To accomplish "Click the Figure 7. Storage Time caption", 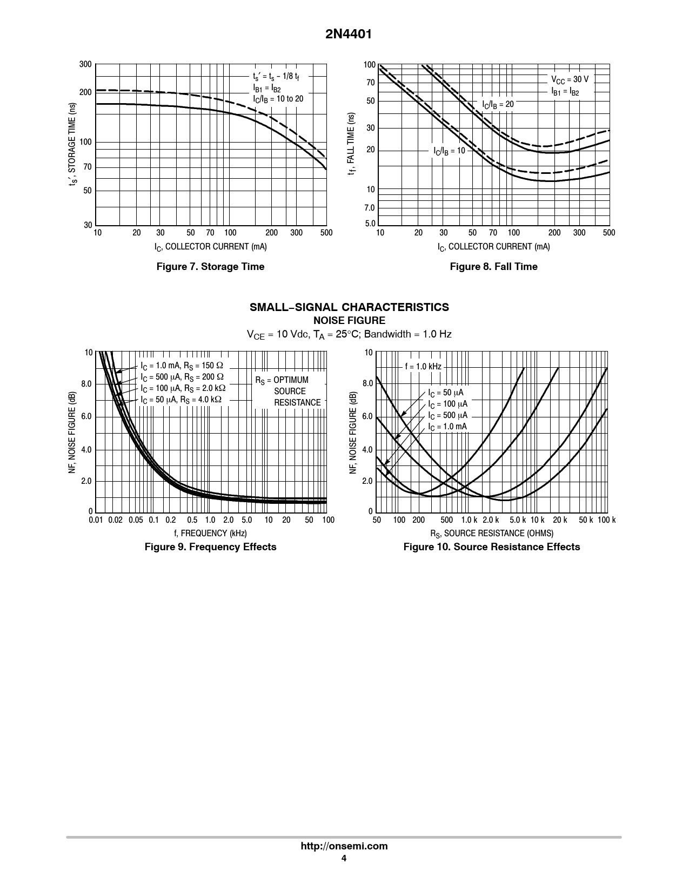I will coord(210,266).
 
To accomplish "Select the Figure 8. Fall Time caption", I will coord(493,266).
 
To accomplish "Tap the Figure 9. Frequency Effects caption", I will coord(210,547).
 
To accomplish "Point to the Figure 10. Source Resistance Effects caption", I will coord(491,547).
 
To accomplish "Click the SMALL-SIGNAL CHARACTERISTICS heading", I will coord(349,307).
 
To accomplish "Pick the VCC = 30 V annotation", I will coord(570,79).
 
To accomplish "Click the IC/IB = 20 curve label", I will coord(498,104).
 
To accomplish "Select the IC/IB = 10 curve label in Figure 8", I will coord(449,151).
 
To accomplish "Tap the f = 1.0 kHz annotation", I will coord(423,367).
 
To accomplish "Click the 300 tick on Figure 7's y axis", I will coord(85,65).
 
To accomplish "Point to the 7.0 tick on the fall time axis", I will coord(370,208).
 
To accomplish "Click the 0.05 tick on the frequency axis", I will coord(136,520).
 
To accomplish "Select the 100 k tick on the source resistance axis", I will coord(607,520).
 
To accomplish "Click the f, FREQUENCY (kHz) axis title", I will coord(210,534).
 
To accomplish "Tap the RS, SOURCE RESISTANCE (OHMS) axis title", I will coord(491,534).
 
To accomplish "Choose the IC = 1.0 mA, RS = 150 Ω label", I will coord(182,366).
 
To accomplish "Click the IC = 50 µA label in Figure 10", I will coord(445,393).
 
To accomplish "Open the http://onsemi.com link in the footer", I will coord(344,846).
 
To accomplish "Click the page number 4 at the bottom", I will coord(344,859).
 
